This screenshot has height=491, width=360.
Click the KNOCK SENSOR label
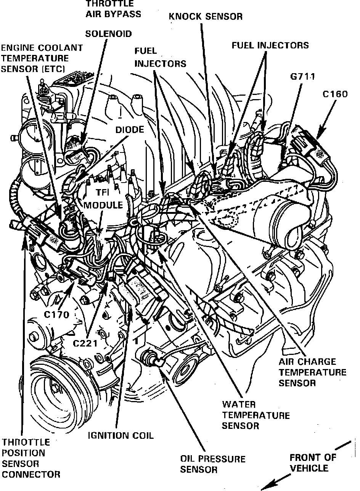point(206,16)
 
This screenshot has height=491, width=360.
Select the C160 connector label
point(334,94)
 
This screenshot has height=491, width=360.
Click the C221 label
point(85,343)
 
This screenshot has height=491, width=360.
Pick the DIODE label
point(130,130)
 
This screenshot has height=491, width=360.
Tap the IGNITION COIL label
point(121,435)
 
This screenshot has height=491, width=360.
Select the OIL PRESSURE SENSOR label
point(212,464)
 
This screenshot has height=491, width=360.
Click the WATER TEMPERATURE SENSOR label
point(256,415)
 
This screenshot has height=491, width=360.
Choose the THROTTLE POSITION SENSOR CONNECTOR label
point(31,459)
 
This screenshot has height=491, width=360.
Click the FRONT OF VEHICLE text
point(313,463)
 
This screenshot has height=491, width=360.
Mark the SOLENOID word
point(108,34)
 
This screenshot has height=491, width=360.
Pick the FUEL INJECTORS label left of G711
point(270,45)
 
